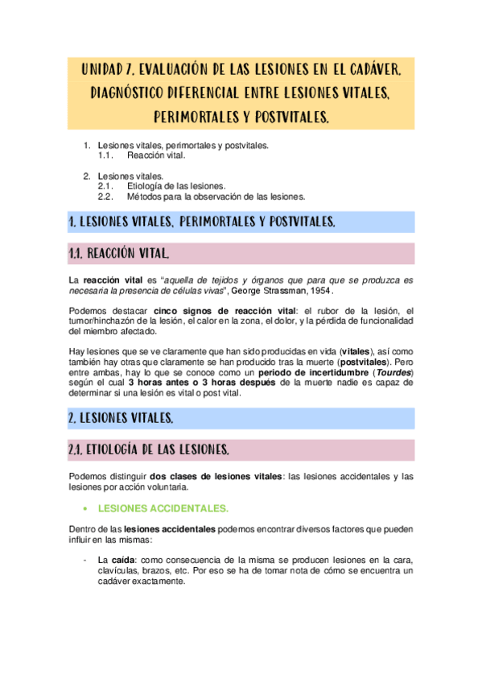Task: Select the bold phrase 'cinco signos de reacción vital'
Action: coord(219,310)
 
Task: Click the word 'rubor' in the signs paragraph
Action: coord(323,310)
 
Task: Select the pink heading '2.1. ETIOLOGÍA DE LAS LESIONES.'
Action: coord(150,449)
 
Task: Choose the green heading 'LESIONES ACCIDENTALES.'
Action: coord(163,508)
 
